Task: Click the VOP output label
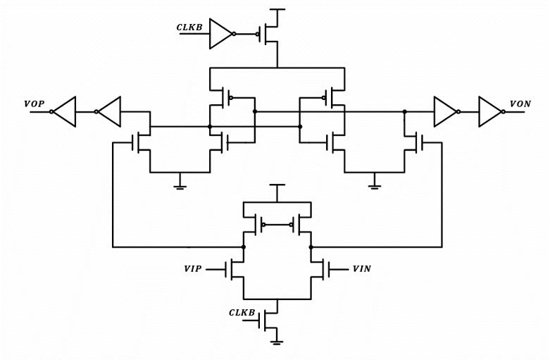point(34,104)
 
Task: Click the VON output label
point(520,104)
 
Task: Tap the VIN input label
point(361,268)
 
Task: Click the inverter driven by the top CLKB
point(220,34)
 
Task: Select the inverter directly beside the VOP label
point(65,111)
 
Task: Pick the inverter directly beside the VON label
point(489,111)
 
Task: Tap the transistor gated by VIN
point(318,269)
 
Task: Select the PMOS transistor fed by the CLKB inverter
point(270,34)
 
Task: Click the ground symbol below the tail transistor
point(277,342)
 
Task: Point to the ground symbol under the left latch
point(180,186)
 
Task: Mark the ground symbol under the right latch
point(375,186)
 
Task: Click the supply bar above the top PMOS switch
point(277,10)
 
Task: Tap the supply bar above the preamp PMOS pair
point(277,185)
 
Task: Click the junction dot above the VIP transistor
point(244,247)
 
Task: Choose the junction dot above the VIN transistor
point(311,247)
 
